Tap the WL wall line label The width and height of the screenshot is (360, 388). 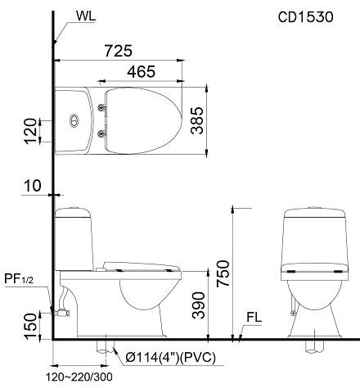[85, 16]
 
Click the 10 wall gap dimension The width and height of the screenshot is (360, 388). [32, 187]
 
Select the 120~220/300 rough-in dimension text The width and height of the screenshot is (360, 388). [80, 377]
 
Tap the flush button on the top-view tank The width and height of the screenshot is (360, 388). [74, 120]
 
